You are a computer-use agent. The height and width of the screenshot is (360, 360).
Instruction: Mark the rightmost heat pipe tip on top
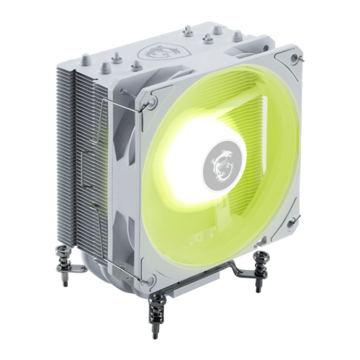[x=238, y=35]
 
